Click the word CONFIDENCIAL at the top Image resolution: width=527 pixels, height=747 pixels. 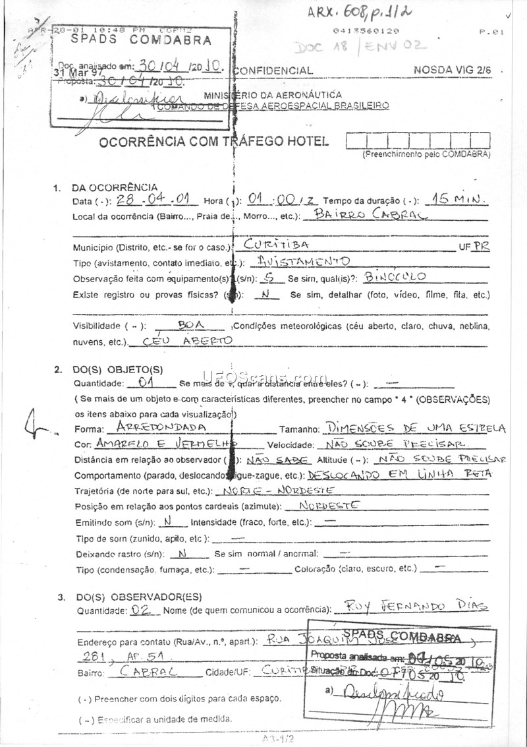(273, 71)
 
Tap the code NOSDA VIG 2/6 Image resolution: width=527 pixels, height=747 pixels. (453, 69)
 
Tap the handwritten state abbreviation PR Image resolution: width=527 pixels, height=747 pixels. (482, 247)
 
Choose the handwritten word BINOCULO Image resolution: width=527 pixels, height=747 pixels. (395, 277)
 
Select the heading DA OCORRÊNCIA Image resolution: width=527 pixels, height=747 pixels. (114, 187)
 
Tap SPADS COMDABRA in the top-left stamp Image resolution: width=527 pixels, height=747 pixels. (141, 40)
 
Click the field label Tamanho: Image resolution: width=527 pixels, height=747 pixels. (299, 429)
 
